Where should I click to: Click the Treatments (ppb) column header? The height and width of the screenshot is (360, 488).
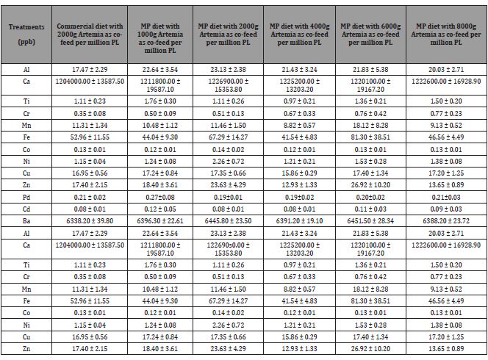26,35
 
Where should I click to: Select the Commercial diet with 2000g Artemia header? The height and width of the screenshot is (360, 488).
90,35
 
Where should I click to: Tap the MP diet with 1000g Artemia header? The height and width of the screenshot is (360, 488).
160,38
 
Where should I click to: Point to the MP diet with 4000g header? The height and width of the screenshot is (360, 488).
299,35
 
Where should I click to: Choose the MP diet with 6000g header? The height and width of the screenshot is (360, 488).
370,35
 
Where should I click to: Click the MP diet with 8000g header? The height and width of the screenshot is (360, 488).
446,35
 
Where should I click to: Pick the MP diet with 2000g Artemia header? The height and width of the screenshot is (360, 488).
228,35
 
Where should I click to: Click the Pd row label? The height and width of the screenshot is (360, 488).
26,198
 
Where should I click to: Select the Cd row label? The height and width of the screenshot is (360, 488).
26,209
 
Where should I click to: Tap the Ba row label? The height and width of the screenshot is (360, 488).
26,221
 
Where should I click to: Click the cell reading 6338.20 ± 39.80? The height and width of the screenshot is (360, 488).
90,221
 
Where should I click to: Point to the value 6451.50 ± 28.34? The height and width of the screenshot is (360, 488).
370,221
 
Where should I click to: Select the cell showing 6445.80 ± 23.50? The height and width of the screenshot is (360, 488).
228,221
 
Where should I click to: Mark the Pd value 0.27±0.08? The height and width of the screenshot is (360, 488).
160,198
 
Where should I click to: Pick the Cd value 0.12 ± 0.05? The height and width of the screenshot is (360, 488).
160,209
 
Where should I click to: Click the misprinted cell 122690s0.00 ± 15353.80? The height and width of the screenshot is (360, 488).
228,249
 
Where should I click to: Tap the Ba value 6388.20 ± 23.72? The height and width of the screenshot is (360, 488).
446,221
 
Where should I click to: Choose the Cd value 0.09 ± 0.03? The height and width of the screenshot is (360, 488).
446,209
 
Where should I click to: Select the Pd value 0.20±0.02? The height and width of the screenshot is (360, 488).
370,198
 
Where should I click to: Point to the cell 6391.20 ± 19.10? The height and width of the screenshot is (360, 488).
299,221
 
